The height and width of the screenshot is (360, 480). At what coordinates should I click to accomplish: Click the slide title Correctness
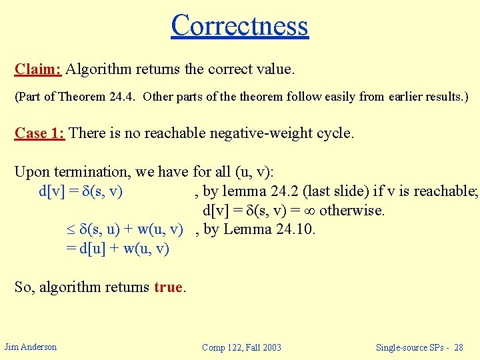(239, 25)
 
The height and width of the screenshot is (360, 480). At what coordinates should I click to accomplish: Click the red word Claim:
(38, 69)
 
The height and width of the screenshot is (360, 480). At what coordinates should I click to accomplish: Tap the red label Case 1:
(39, 133)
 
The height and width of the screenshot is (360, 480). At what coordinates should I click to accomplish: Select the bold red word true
(168, 287)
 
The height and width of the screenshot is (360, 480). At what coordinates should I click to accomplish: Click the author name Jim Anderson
(30, 347)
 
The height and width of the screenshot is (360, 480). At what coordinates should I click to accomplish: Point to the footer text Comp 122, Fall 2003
(241, 347)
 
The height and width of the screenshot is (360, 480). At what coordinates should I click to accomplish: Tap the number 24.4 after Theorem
(121, 97)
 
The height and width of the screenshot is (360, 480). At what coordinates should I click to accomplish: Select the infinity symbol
(309, 211)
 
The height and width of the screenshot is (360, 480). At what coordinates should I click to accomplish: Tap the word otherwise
(353, 211)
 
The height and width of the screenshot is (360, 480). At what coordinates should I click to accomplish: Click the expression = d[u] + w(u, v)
(117, 249)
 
